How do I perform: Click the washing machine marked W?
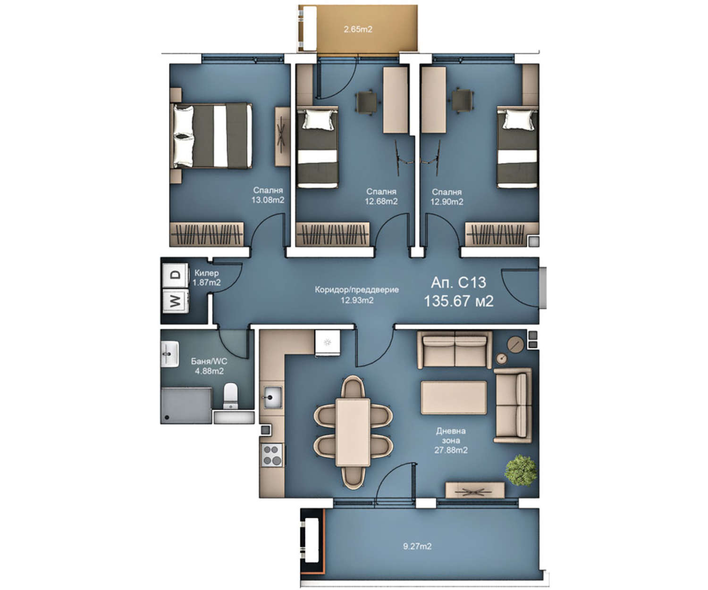coord(175,301)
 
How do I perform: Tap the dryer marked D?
coord(175,275)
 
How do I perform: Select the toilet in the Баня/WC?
coord(231,396)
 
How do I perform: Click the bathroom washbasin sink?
coord(169,354)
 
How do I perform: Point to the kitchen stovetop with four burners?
coord(272,455)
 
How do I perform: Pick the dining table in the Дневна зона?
coord(353,432)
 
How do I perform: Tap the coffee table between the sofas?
coord(454,398)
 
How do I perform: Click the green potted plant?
coord(520,470)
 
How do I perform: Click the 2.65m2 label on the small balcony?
coord(358,29)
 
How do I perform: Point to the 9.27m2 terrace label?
coord(417,546)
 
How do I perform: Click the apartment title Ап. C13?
coord(458,283)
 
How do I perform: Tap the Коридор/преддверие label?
coord(357,290)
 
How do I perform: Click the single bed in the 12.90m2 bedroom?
coord(517,147)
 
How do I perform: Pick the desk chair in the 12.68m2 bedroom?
coord(366,101)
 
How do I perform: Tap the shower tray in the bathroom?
coord(186,406)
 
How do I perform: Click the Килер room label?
coord(207,273)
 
